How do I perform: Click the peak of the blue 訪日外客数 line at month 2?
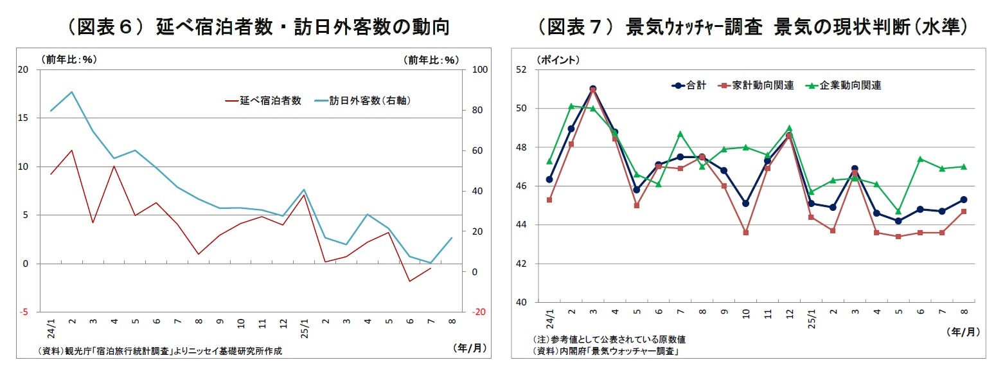[x=72, y=92]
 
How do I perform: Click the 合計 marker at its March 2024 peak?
[x=593, y=89]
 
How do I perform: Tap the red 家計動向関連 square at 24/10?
[x=745, y=232]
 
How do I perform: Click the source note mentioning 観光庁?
[x=161, y=351]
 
